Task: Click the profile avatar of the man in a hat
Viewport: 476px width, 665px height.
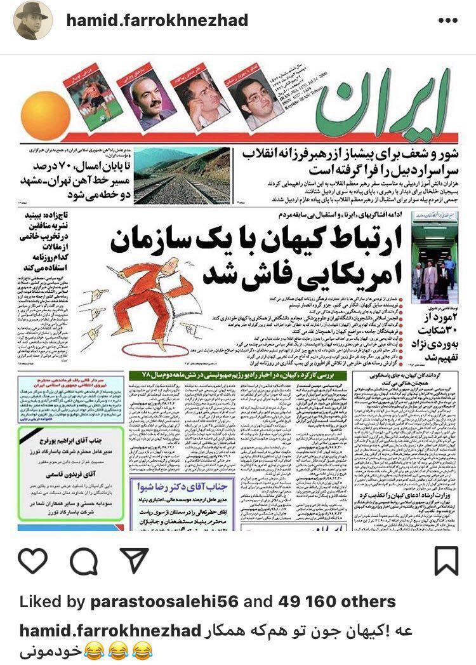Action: (33, 20)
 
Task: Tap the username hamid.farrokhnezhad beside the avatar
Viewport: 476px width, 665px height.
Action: (157, 20)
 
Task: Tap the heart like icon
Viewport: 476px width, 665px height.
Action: (33, 561)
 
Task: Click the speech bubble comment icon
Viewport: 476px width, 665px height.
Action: (83, 561)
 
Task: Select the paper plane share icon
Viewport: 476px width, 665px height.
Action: (134, 561)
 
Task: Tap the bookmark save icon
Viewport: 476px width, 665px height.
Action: (447, 561)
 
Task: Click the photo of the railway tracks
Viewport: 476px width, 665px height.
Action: (182, 177)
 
